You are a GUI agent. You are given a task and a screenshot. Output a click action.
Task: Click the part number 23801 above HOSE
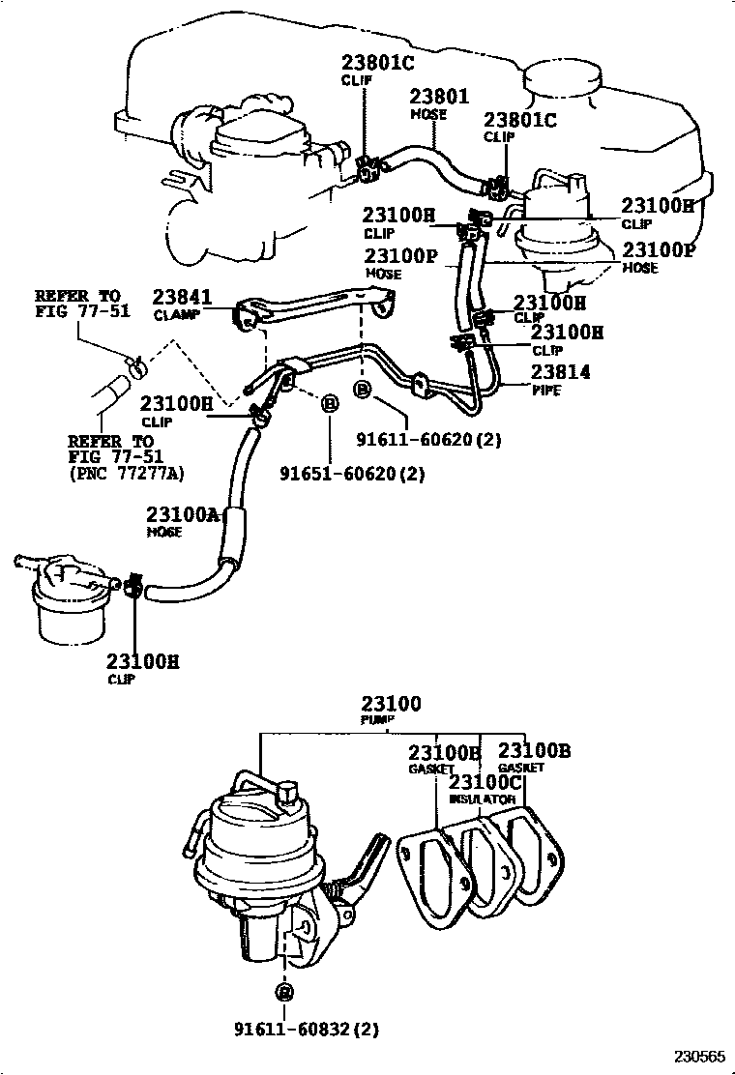438,97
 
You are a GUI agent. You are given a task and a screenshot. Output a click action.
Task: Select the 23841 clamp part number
182,298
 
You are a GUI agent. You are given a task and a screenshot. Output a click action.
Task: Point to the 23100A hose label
183,514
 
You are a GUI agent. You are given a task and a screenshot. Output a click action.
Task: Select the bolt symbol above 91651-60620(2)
328,402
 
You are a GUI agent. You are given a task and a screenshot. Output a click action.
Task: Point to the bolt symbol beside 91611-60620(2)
363,390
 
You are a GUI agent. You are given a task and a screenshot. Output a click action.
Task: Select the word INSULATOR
482,800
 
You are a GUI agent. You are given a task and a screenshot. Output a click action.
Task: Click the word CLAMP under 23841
175,315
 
